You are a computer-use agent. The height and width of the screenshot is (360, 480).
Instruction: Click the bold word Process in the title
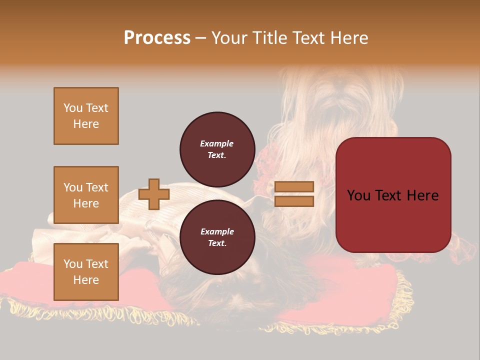pyautogui.click(x=157, y=38)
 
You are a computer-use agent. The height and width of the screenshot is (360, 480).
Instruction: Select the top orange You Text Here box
pyautogui.click(x=86, y=116)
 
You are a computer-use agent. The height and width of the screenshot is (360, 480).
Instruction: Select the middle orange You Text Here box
pyautogui.click(x=86, y=195)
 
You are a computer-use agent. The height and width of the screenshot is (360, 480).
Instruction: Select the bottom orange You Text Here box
pyautogui.click(x=86, y=271)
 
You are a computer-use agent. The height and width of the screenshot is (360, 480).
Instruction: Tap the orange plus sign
pyautogui.click(x=153, y=194)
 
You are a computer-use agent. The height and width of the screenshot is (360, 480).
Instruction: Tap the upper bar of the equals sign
pyautogui.click(x=294, y=187)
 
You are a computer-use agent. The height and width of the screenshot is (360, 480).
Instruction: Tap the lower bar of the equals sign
pyautogui.click(x=294, y=201)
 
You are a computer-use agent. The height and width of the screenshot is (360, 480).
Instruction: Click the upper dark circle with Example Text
pyautogui.click(x=217, y=149)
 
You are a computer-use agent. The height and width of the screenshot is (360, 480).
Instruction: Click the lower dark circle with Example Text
pyautogui.click(x=217, y=237)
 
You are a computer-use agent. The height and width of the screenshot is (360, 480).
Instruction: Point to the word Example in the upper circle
pyautogui.click(x=217, y=143)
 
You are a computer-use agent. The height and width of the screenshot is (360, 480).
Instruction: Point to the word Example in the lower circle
pyautogui.click(x=217, y=231)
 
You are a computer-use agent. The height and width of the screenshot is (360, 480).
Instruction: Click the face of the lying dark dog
pyautogui.click(x=220, y=290)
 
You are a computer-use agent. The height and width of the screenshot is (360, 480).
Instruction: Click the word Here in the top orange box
pyautogui.click(x=86, y=124)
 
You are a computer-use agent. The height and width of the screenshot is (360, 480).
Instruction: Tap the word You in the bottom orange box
pyautogui.click(x=73, y=264)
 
